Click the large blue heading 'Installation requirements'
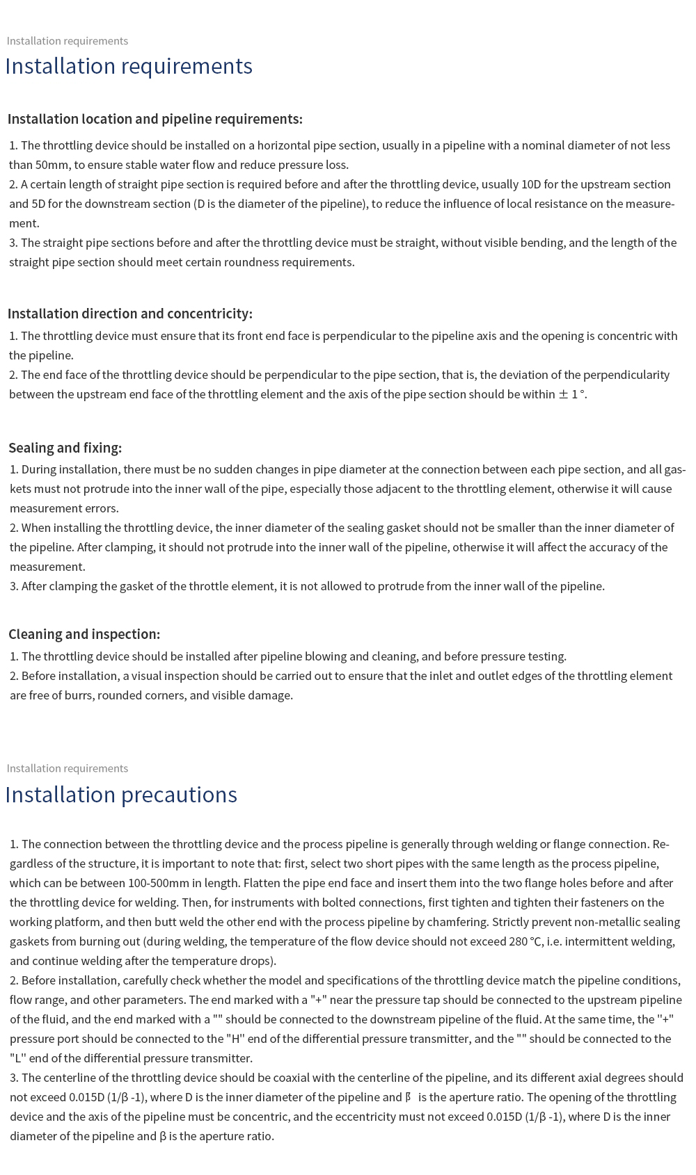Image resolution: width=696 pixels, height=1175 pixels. (x=129, y=66)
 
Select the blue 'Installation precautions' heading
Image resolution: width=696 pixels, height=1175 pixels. (x=121, y=795)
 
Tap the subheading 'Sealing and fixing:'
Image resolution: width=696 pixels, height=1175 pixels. (x=65, y=448)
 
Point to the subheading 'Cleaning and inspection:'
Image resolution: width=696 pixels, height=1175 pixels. (x=84, y=634)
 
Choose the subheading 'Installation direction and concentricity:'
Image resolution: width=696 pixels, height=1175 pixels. (x=130, y=314)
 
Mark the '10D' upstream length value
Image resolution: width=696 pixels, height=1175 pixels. (x=531, y=184)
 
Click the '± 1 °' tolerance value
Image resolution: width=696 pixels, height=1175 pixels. (x=571, y=394)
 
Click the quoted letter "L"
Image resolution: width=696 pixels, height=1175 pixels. (x=17, y=1058)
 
